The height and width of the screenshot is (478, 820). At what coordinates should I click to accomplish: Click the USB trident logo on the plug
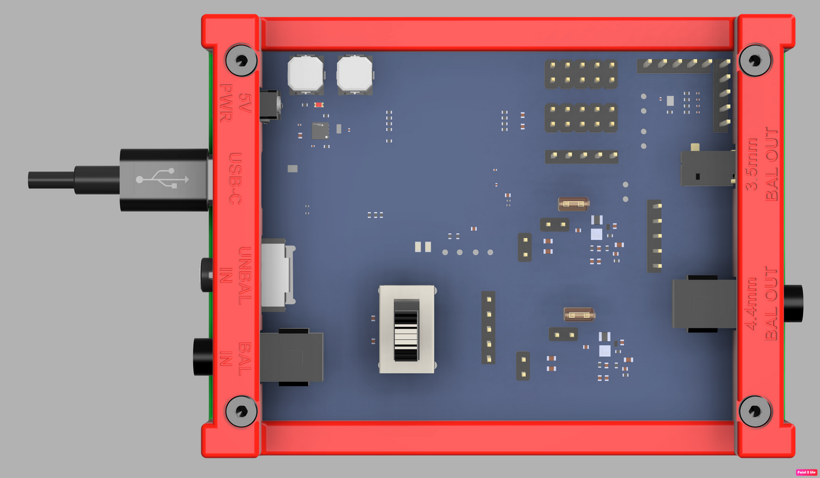[163, 179]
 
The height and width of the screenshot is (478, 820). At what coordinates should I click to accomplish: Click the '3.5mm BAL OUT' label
[763, 164]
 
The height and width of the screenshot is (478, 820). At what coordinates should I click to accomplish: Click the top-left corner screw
[241, 60]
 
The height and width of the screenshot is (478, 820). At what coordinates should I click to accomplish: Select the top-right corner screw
[755, 60]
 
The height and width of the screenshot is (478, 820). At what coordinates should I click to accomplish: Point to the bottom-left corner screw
[241, 411]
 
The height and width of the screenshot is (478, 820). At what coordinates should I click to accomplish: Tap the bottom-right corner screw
[755, 411]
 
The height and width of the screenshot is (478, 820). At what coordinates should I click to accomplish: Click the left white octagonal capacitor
[305, 74]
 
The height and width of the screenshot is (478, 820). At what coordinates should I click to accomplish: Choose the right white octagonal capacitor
[354, 74]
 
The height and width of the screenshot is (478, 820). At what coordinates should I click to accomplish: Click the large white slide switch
[407, 329]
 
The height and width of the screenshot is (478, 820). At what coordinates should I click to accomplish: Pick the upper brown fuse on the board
[573, 204]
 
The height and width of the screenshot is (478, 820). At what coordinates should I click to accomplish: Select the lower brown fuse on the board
[579, 314]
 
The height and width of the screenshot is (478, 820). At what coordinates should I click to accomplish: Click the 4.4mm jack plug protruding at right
[793, 303]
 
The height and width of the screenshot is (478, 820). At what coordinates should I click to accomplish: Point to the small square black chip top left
[320, 130]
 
